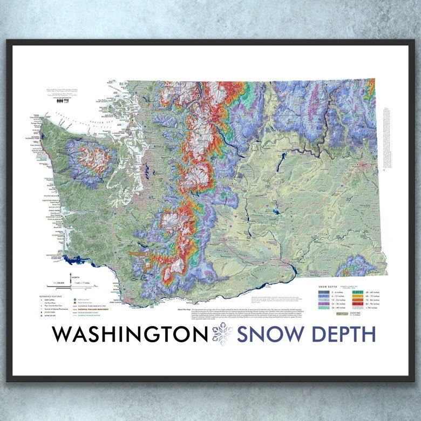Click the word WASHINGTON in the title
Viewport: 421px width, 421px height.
click(130, 334)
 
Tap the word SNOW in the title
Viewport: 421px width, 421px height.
click(269, 334)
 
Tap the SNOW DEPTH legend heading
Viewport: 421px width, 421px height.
click(326, 287)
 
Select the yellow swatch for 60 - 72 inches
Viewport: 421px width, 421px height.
click(357, 296)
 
